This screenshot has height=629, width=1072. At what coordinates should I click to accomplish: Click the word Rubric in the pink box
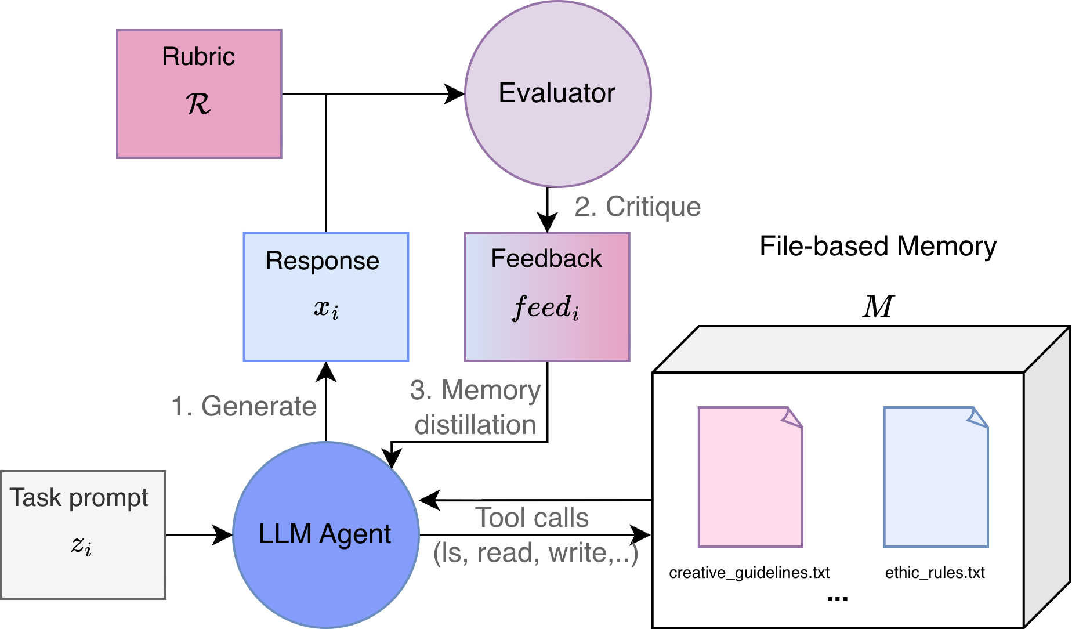[198, 57]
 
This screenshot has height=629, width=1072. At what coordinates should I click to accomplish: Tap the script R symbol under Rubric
[198, 104]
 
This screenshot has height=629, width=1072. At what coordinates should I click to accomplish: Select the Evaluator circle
[557, 94]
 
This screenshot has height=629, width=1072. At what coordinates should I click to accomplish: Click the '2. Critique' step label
[638, 207]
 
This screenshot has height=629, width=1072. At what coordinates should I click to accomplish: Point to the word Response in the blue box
[323, 261]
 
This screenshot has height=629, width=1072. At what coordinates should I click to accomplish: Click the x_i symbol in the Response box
[326, 308]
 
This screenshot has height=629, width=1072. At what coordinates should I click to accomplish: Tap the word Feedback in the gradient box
[546, 259]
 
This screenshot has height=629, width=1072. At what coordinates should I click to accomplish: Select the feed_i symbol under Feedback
[546, 307]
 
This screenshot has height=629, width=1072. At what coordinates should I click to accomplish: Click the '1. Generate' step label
[244, 406]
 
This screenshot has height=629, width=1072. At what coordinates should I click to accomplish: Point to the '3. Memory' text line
[475, 390]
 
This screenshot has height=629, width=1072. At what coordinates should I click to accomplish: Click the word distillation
[475, 425]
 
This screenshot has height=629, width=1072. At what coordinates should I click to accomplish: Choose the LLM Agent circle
[325, 534]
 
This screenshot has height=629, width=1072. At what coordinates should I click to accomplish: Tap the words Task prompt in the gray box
[79, 498]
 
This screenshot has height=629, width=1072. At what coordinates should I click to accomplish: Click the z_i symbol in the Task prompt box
[81, 545]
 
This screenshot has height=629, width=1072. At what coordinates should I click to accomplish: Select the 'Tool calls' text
[532, 518]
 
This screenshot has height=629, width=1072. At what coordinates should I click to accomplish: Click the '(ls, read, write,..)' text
[535, 552]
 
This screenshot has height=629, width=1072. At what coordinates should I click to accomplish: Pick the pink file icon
[750, 477]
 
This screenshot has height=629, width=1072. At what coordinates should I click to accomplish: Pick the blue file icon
[936, 477]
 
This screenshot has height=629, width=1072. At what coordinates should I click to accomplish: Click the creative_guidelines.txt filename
[749, 573]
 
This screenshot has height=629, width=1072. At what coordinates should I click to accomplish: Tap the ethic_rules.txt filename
[935, 573]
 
